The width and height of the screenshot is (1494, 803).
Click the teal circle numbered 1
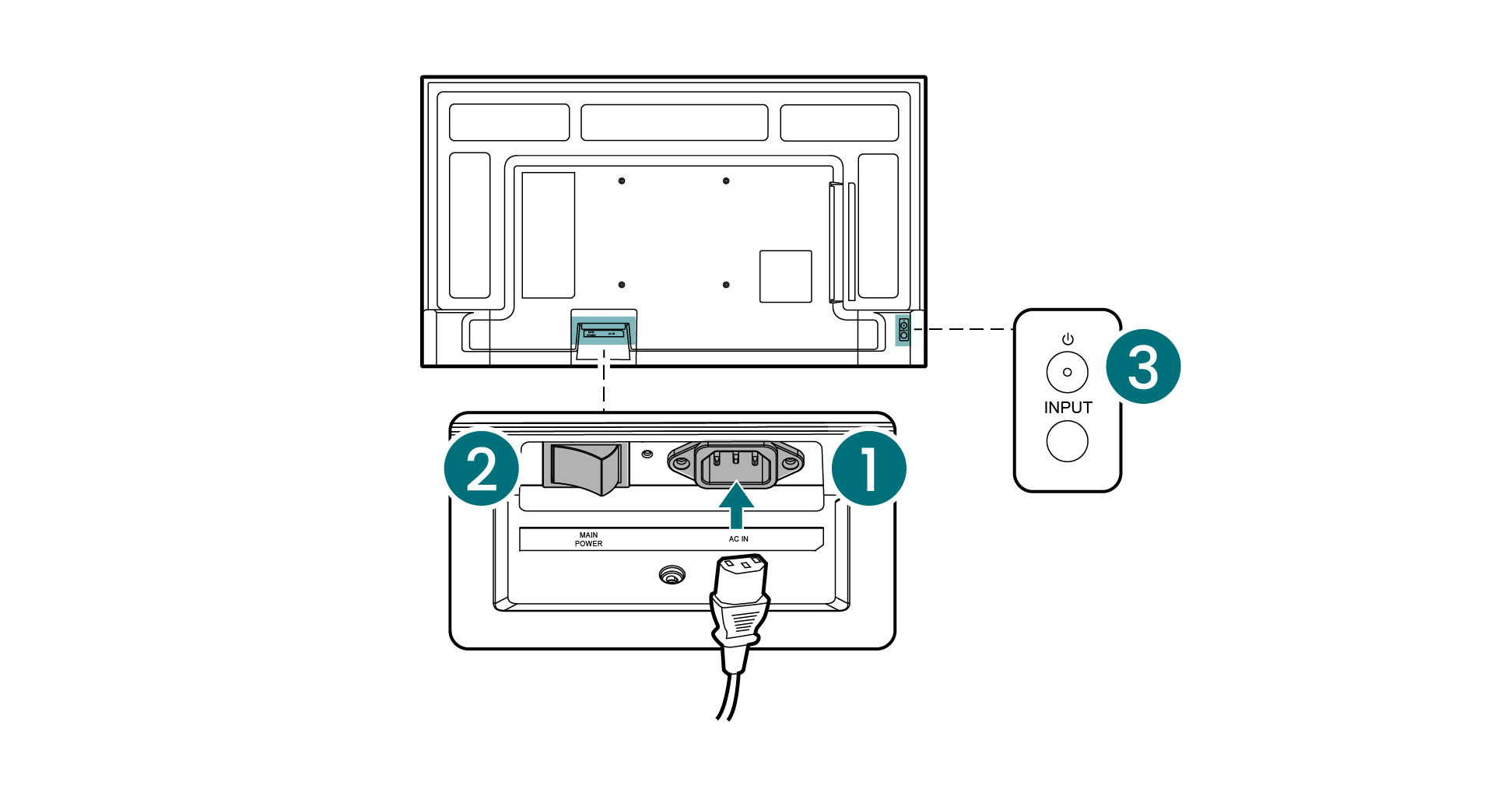point(868,469)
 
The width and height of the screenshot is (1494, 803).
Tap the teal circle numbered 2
point(482,469)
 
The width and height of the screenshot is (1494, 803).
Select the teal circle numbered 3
point(1143,366)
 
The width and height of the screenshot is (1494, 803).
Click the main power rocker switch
point(589,468)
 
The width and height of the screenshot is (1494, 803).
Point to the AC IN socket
point(735,465)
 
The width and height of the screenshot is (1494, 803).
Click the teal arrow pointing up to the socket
point(736,504)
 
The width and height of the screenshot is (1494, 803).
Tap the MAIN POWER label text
point(588,539)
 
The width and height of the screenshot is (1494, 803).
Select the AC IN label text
point(738,539)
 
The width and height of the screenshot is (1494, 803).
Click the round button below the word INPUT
point(1067,441)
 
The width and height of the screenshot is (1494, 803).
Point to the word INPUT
point(1068,408)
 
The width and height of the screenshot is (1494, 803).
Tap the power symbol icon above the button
point(1068,339)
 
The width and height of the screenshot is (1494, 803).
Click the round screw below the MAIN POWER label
point(671,576)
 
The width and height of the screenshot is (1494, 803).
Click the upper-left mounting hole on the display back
point(621,181)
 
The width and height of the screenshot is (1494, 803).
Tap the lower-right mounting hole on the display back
point(726,285)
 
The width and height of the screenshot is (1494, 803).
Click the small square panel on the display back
point(785,276)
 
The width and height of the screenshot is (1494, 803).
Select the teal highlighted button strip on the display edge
point(903,330)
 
